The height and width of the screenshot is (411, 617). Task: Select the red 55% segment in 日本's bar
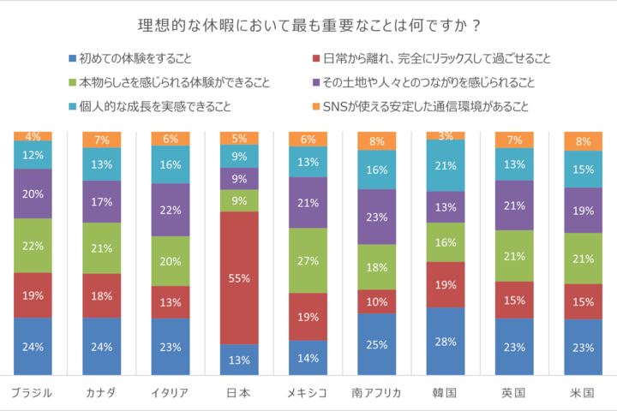(239, 277)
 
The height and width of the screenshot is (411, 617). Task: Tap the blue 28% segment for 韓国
(446, 341)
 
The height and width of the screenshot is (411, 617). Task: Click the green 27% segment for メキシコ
(308, 260)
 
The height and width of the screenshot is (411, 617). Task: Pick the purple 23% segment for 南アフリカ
(376, 217)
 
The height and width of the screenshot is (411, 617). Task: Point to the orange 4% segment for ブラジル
(33, 136)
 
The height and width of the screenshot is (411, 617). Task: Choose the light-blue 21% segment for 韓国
(446, 165)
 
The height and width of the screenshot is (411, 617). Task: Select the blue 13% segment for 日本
(239, 359)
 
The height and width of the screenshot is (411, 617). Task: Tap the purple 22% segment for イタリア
(171, 210)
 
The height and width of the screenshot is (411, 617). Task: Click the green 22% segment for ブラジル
(33, 245)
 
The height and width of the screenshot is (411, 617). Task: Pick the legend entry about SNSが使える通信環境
(425, 107)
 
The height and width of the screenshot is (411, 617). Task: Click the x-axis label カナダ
(101, 393)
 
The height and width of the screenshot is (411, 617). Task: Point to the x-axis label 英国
(514, 393)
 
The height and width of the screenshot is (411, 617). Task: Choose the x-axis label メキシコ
(308, 393)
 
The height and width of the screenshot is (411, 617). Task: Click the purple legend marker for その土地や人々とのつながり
(314, 83)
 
